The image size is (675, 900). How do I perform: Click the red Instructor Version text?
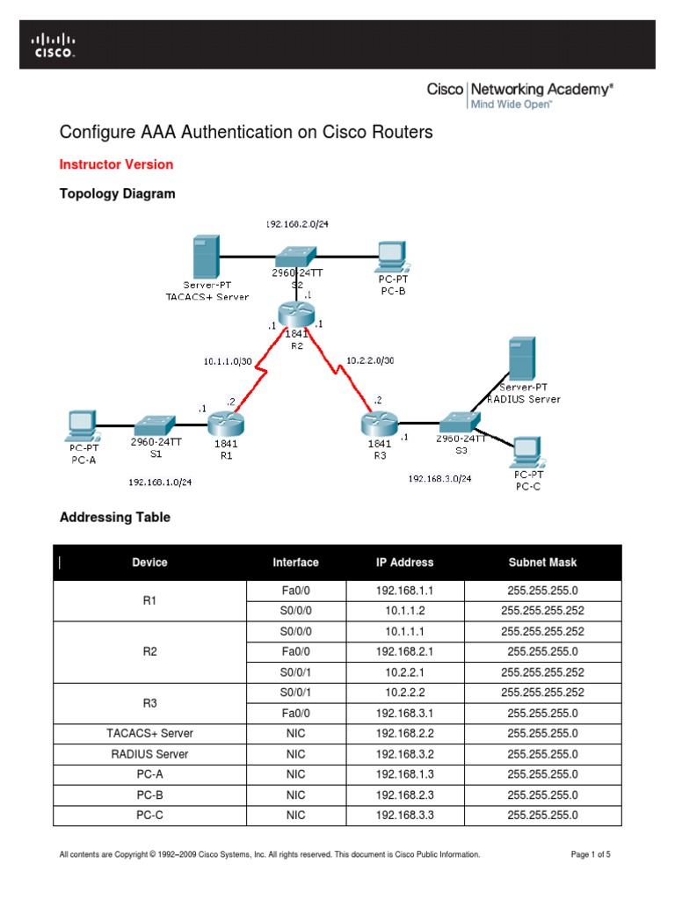(116, 164)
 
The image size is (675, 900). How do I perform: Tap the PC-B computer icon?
(389, 256)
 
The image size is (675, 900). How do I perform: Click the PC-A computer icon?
(82, 425)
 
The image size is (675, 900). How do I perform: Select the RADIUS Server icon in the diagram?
(523, 359)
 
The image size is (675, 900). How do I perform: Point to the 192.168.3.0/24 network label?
(439, 479)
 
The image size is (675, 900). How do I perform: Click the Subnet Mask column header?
(542, 562)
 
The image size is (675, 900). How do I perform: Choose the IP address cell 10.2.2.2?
(404, 692)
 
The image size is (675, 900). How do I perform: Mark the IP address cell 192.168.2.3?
(404, 795)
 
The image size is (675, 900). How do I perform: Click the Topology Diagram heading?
(117, 193)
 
